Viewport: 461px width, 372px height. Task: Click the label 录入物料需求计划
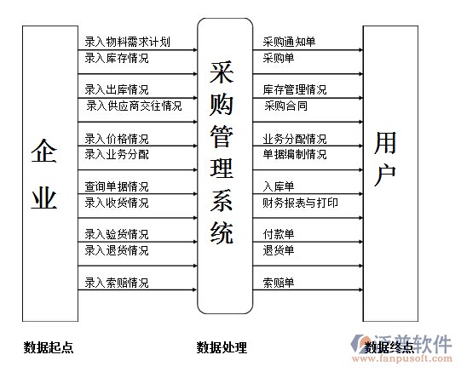click(127, 42)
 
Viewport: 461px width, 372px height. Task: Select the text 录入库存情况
click(117, 58)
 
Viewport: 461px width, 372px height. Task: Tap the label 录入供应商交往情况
click(134, 106)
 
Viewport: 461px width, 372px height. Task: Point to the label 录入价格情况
click(117, 139)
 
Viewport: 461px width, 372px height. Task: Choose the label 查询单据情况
click(117, 186)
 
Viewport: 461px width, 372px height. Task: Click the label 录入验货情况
click(117, 234)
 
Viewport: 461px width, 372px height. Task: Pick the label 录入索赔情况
click(117, 283)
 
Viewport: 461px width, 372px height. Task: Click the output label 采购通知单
click(289, 42)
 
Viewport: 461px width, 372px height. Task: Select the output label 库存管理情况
click(295, 89)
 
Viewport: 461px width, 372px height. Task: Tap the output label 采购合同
click(285, 106)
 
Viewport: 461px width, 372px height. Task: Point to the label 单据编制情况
click(295, 154)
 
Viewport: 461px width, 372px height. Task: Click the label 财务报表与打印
click(300, 203)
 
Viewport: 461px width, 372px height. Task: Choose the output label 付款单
click(279, 234)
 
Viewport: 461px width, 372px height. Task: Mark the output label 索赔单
click(279, 283)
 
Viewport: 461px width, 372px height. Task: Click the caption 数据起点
click(49, 347)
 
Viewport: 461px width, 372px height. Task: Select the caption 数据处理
click(222, 347)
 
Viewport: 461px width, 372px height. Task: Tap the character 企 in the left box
click(44, 151)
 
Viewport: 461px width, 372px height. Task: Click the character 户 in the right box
click(385, 175)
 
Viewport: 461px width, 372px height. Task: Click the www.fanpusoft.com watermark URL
click(402, 358)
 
